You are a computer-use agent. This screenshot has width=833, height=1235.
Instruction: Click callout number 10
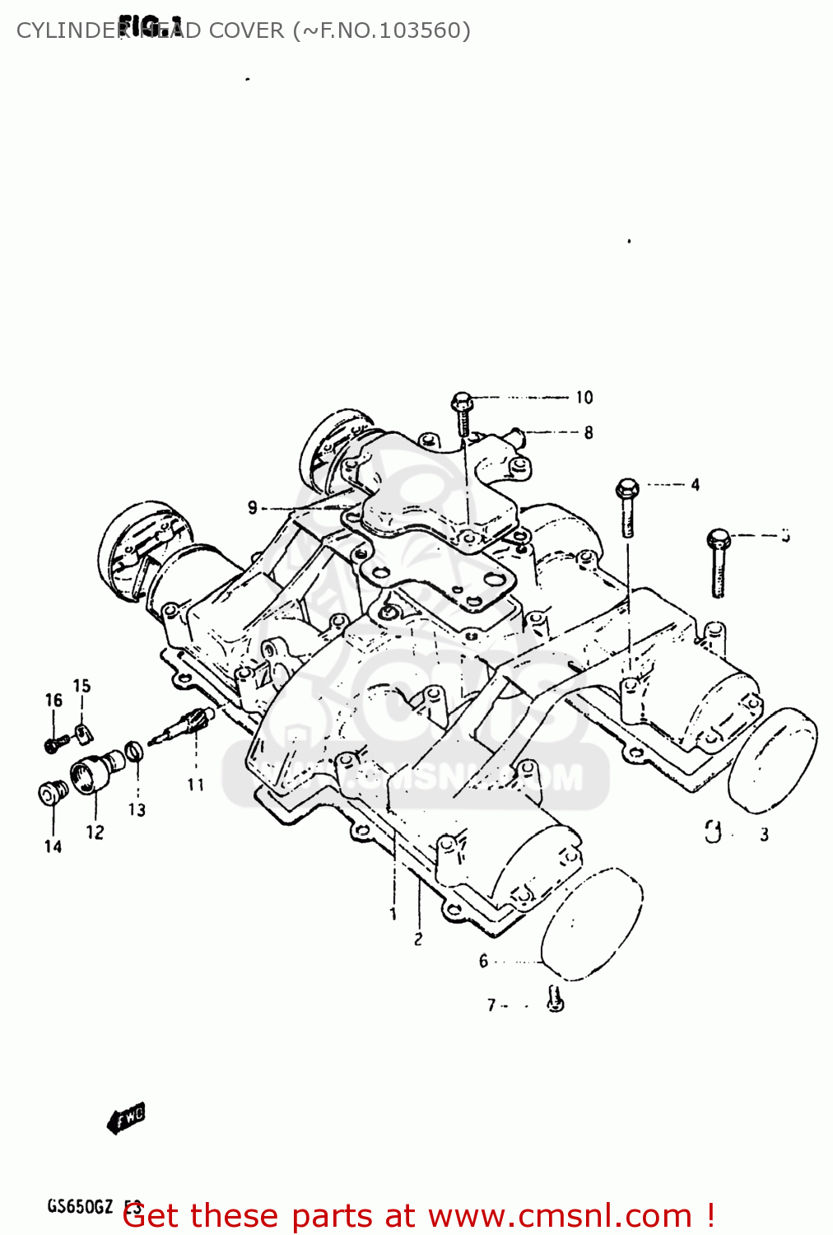tap(584, 398)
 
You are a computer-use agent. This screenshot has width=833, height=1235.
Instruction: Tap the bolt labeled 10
tap(462, 414)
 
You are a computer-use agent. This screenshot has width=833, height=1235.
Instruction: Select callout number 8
tap(588, 432)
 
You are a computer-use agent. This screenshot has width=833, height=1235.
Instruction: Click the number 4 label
tap(695, 485)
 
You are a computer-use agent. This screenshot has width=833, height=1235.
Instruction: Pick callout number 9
tap(253, 508)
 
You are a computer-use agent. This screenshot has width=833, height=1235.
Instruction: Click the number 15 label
tap(81, 686)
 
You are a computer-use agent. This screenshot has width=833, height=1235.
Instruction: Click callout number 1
tap(393, 914)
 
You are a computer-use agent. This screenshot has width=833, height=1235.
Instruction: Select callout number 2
tap(418, 939)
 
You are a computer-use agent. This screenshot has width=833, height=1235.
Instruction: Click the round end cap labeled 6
tap(592, 922)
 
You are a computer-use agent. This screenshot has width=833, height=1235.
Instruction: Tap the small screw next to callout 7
tap(556, 1000)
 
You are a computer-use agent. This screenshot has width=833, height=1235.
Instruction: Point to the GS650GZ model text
tap(80, 1206)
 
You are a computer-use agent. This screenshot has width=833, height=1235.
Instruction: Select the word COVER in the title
tap(246, 30)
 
